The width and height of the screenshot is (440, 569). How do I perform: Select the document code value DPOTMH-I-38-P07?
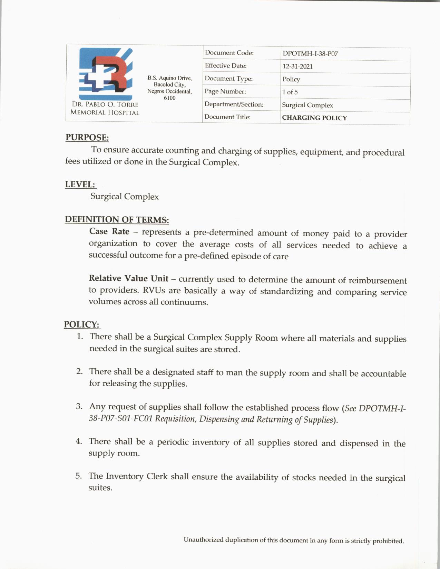[310, 54]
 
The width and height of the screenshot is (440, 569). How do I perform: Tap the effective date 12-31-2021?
[297, 67]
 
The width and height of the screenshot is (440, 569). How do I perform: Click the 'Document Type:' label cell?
[228, 79]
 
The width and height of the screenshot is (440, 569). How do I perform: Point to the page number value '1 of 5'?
[290, 92]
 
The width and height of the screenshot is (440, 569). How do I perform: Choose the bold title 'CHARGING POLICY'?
[314, 118]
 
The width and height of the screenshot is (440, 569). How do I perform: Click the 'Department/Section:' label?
[234, 104]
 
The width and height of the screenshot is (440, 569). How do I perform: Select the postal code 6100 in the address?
[169, 98]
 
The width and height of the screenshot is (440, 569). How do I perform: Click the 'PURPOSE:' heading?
[87, 138]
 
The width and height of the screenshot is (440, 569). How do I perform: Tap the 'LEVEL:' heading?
[80, 184]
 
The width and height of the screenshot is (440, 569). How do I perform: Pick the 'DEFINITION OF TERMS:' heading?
[117, 220]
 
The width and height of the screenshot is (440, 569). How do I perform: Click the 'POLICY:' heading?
[81, 325]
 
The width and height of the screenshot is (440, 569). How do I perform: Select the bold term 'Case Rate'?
[109, 231]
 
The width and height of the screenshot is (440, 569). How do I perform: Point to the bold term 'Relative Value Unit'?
[128, 278]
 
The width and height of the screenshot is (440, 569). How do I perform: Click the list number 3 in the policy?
[79, 406]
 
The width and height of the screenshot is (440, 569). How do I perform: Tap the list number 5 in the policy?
[79, 476]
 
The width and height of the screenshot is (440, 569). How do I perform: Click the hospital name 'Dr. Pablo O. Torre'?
[105, 104]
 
